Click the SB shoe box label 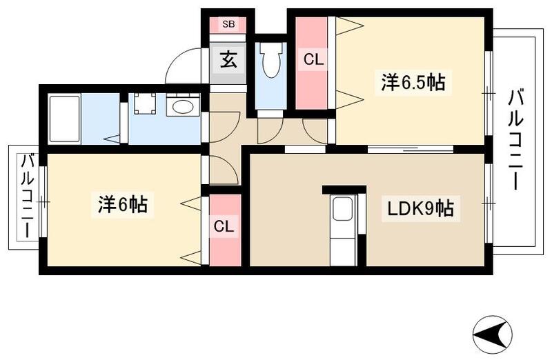pos(228,23)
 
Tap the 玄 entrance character pos(228,60)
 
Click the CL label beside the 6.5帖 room pos(313,60)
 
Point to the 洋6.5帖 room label pos(413,83)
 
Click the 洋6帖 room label pos(121,205)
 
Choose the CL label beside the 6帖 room pos(221,226)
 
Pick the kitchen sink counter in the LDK pos(342,228)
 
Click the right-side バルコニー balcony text pos(516,141)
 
